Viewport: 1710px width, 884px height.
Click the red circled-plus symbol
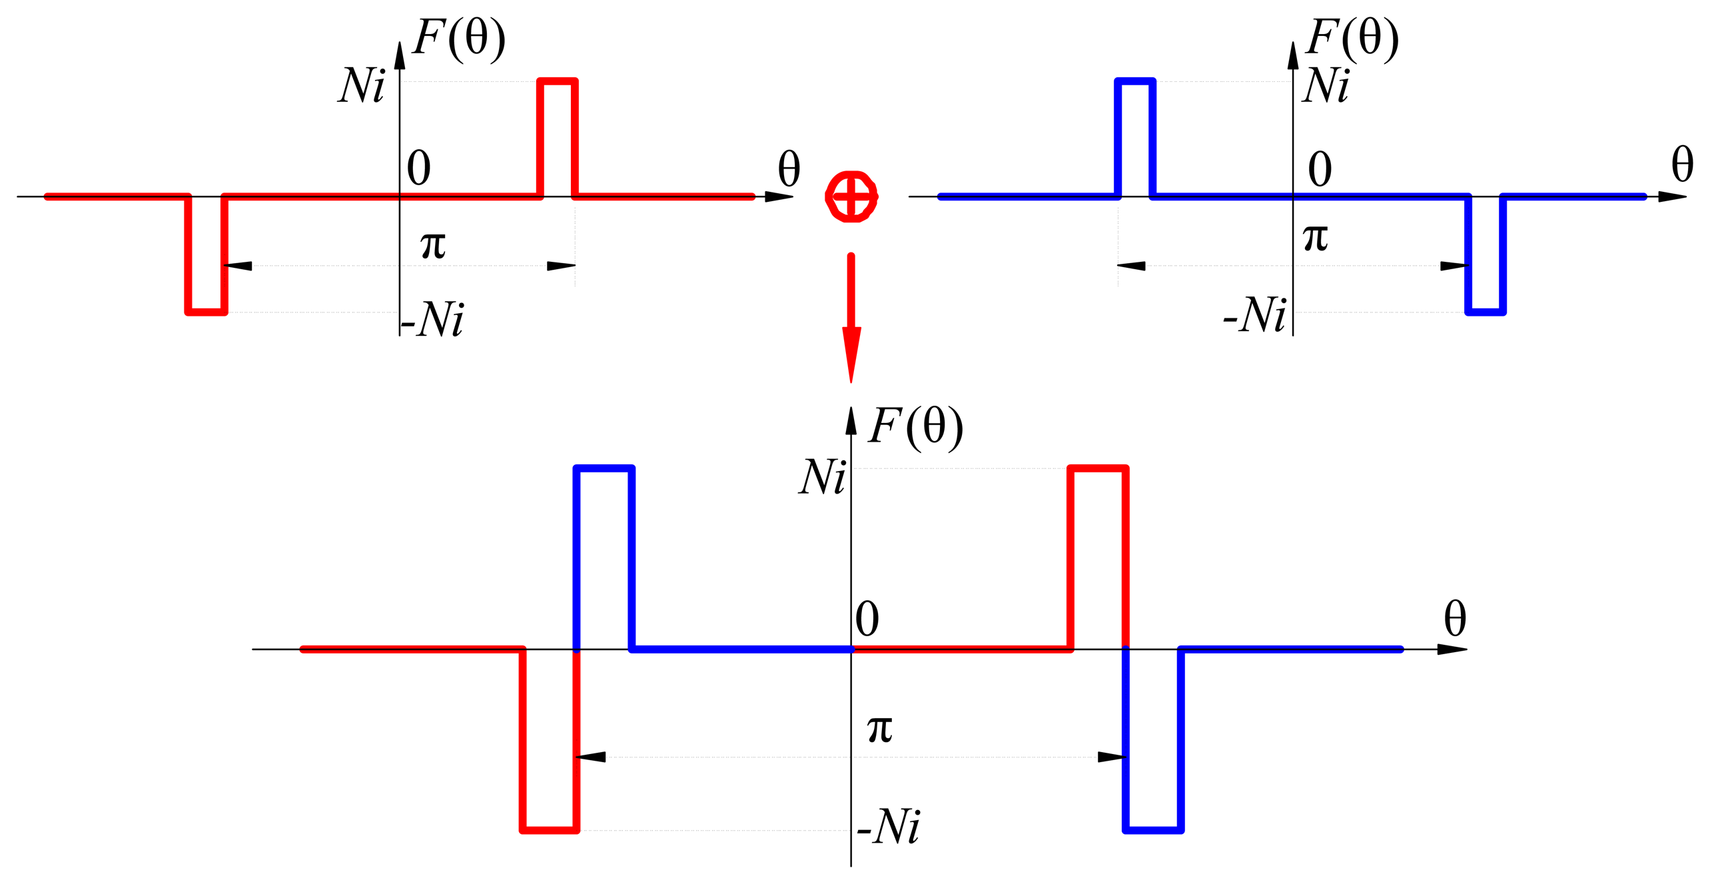[x=851, y=197]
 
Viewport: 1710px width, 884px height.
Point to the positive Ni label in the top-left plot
[x=362, y=86]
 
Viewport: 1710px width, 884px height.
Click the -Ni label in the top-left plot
[x=434, y=320]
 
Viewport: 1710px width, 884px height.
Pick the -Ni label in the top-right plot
[x=1255, y=315]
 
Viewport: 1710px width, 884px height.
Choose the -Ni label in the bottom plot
[x=889, y=827]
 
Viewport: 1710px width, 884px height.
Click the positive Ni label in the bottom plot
[x=823, y=478]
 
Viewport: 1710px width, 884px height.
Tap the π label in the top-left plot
[x=433, y=245]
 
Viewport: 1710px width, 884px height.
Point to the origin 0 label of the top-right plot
[x=1320, y=169]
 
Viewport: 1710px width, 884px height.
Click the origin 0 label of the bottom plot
[x=867, y=619]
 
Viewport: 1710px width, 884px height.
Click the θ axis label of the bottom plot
[x=1455, y=619]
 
